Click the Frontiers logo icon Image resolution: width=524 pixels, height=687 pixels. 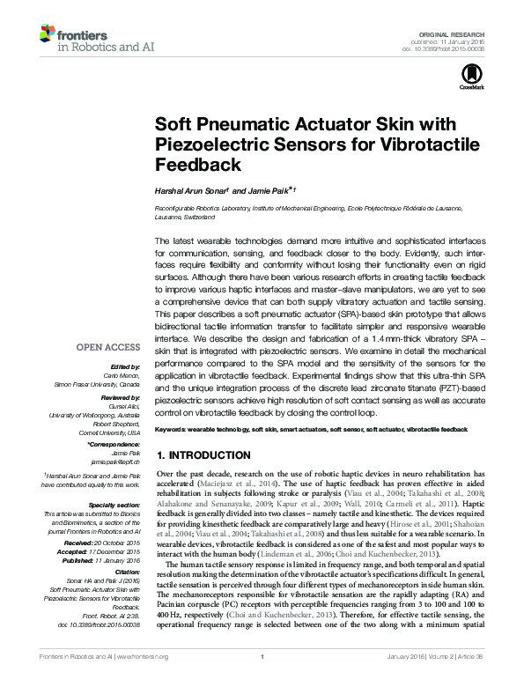[47, 35]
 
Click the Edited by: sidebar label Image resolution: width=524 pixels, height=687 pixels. [124, 366]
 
